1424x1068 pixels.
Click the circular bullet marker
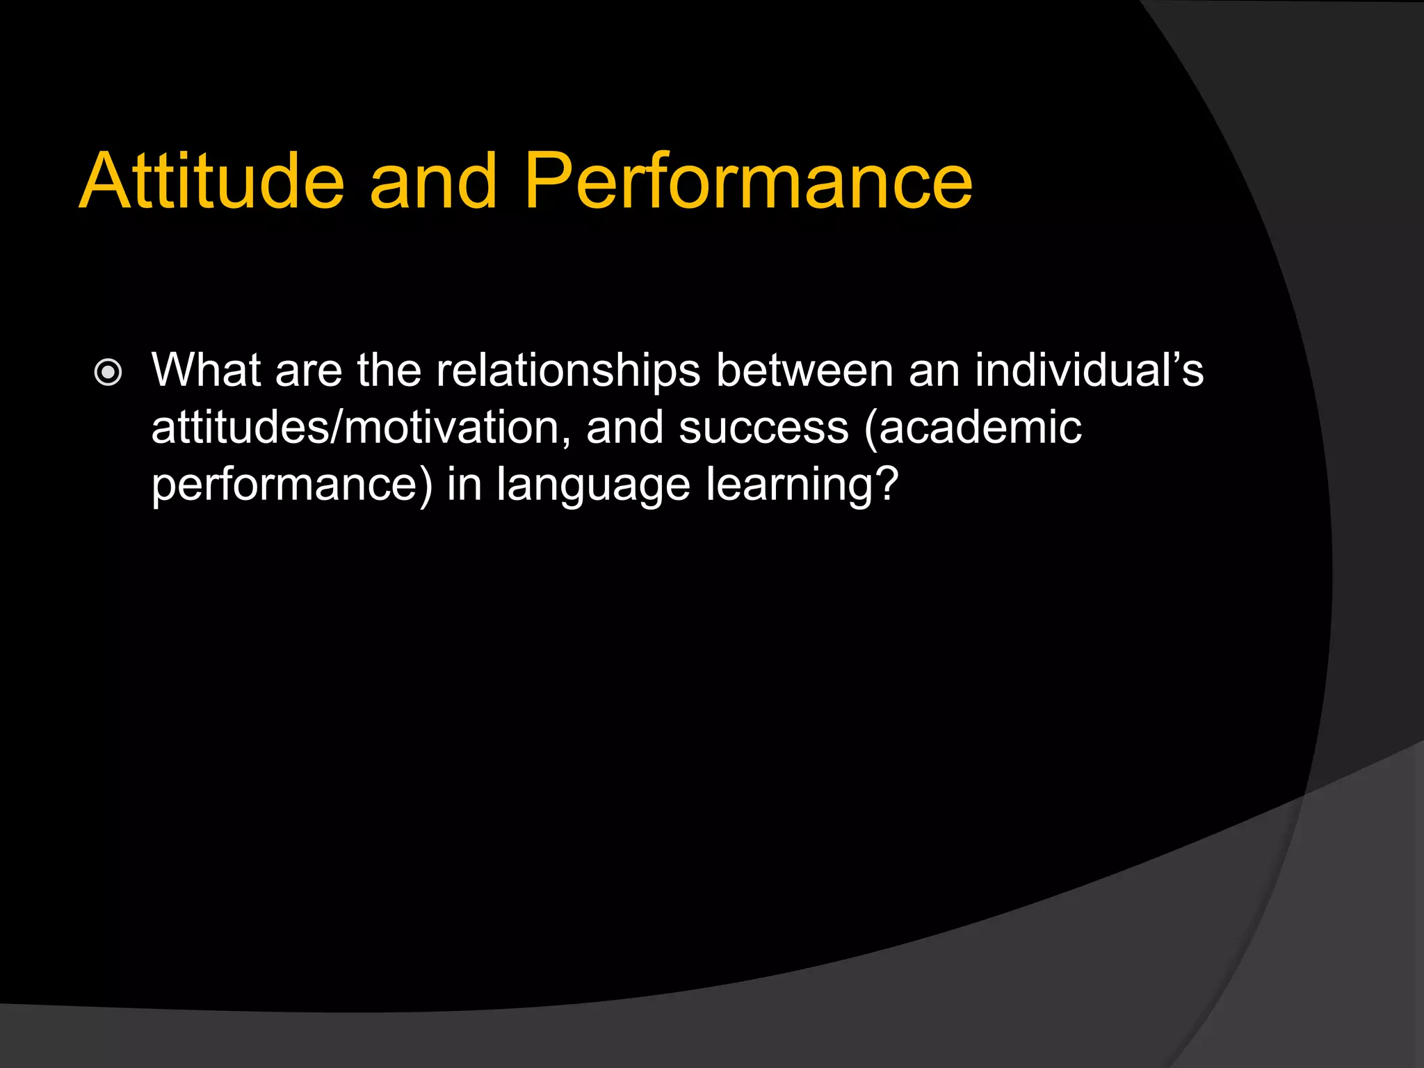coord(108,373)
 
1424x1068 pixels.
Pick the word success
coord(763,427)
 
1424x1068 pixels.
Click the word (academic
coord(973,427)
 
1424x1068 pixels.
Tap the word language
coord(593,485)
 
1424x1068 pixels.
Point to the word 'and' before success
coord(624,427)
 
